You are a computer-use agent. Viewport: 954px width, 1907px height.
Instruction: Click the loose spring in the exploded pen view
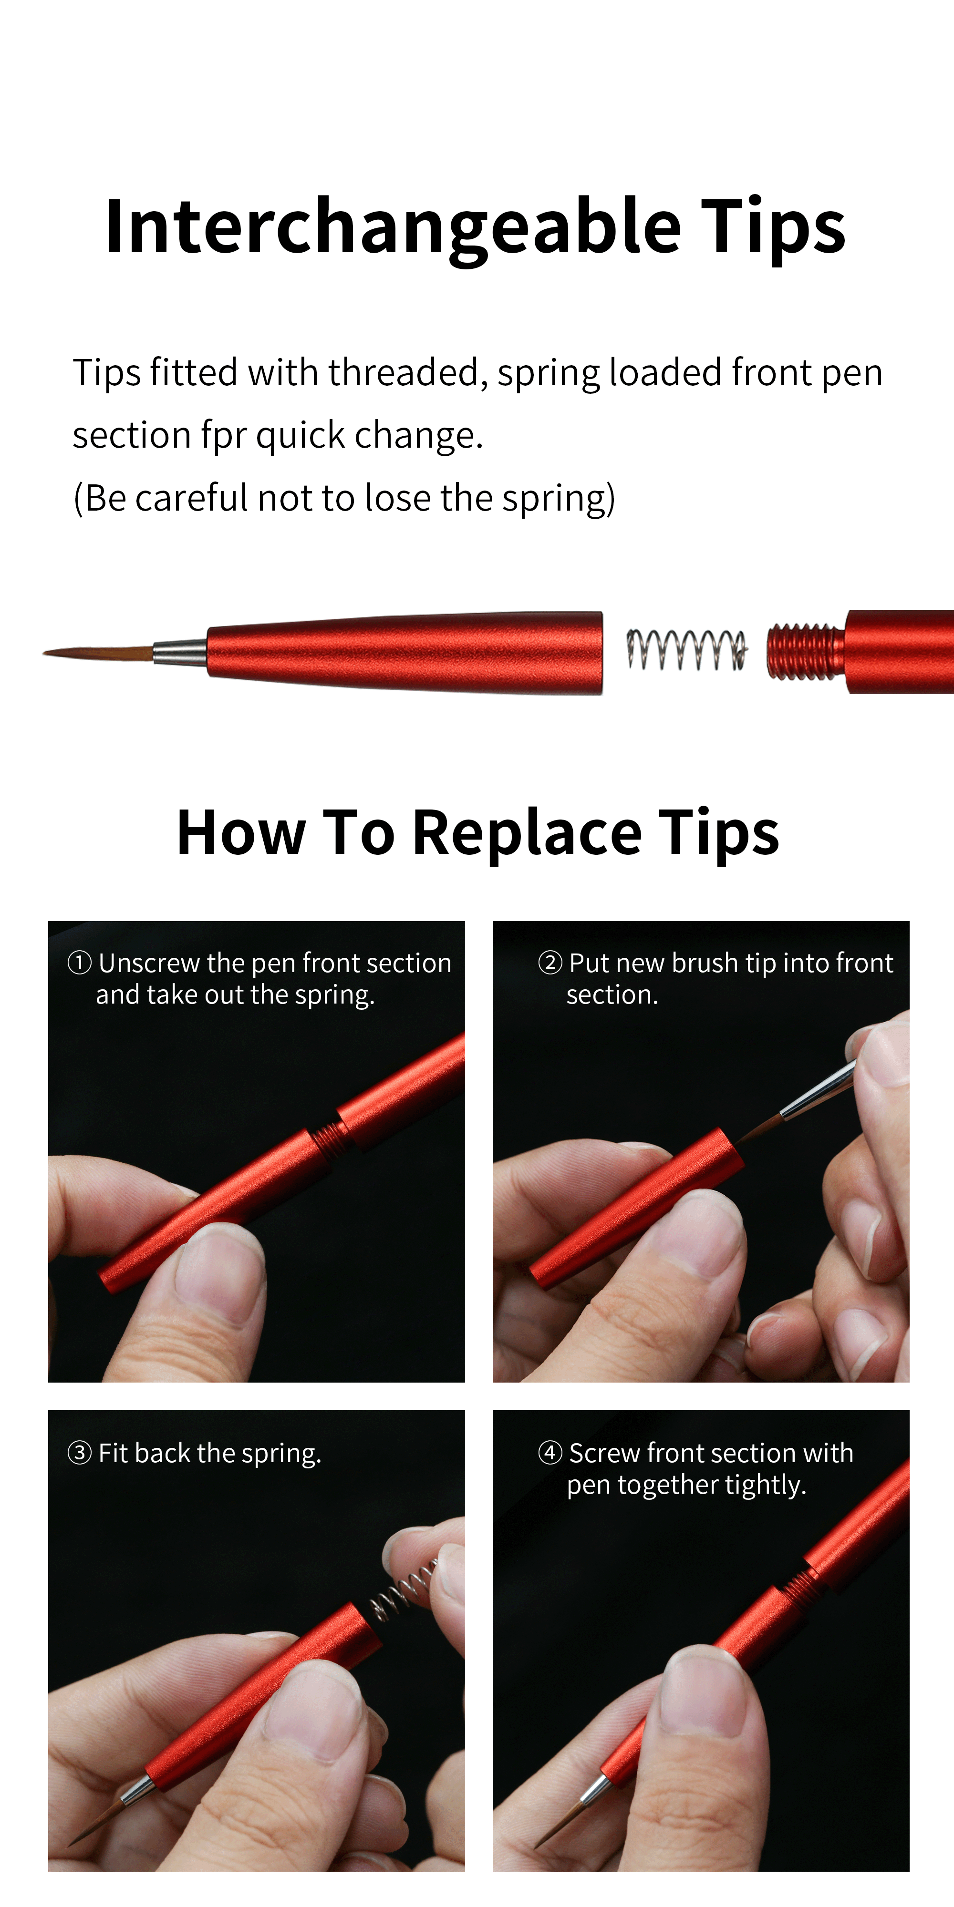[685, 649]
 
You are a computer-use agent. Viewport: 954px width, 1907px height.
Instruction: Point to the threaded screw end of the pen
[804, 651]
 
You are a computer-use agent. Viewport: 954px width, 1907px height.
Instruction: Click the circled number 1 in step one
[79, 963]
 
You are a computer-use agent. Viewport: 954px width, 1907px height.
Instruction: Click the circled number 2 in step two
[550, 963]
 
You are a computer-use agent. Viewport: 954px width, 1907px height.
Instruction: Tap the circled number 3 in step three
[79, 1453]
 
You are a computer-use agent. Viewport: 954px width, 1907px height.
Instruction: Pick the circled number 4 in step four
[550, 1453]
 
